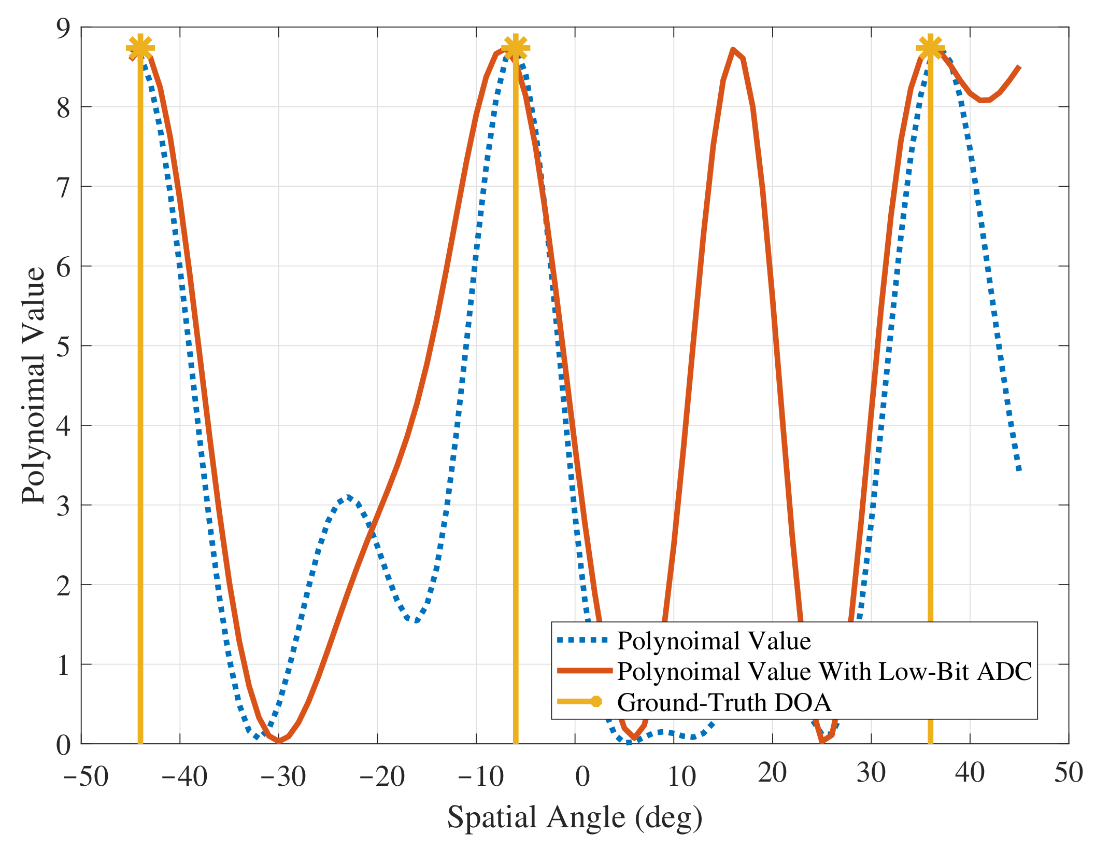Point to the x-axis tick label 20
(x=772, y=773)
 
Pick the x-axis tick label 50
(x=1069, y=772)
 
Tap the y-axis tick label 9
(x=63, y=28)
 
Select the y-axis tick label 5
(x=63, y=346)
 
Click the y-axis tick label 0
(x=63, y=745)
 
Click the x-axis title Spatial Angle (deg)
(x=575, y=818)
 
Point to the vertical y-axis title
(x=33, y=385)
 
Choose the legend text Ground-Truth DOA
(x=724, y=702)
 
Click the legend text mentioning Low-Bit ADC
(x=824, y=671)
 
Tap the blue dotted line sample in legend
(x=582, y=641)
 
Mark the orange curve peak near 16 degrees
(x=733, y=50)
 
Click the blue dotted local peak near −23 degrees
(x=348, y=497)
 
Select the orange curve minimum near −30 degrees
(x=279, y=741)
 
